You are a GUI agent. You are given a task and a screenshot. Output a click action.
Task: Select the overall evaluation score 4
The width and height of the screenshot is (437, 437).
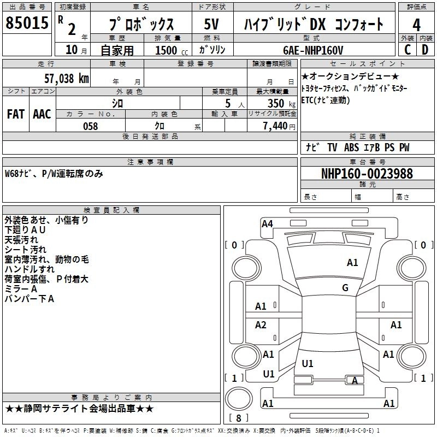(416, 25)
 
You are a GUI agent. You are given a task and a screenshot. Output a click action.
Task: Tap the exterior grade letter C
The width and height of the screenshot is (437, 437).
(407, 49)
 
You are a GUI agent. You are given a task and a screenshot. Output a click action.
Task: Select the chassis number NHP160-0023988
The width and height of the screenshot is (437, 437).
(367, 174)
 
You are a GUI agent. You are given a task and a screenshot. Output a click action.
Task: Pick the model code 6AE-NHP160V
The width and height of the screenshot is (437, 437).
(313, 50)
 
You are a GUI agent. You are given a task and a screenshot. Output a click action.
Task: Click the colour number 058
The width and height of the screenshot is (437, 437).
(90, 126)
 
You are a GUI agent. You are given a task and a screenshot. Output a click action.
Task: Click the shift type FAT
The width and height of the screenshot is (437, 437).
(15, 114)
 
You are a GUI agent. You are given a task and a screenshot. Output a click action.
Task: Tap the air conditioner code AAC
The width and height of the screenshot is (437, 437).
(42, 114)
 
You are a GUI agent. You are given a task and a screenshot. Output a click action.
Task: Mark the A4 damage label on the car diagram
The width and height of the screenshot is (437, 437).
(267, 223)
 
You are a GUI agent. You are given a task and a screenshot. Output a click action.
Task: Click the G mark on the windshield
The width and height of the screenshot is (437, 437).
(345, 288)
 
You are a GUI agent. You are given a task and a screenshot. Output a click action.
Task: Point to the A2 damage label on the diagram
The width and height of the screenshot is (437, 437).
(261, 325)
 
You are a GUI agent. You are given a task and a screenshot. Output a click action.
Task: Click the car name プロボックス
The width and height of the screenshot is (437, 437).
(141, 25)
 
